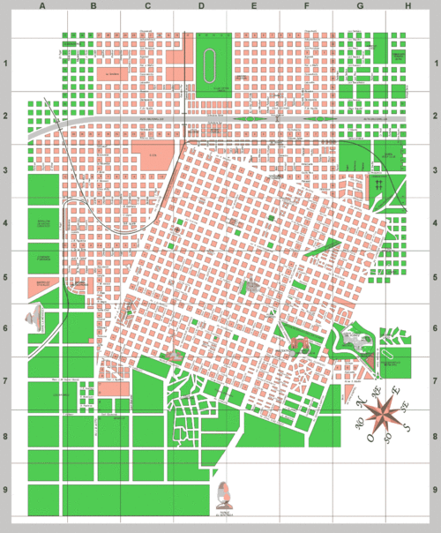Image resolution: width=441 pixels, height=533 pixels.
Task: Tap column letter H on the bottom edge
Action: point(407,526)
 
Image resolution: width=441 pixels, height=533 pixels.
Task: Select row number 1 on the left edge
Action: point(7,64)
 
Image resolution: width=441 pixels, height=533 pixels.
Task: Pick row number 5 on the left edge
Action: point(7,276)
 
